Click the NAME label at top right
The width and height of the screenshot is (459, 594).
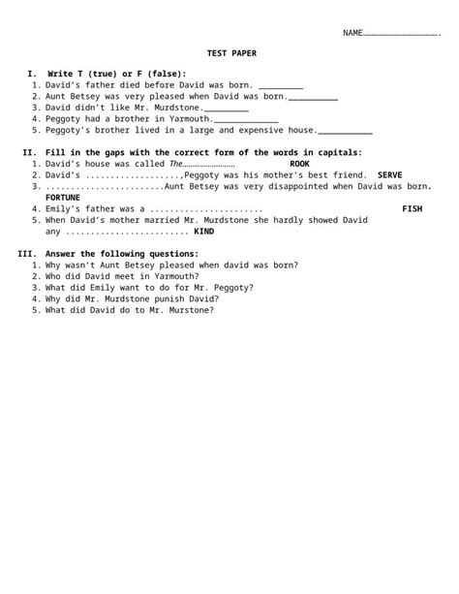click(x=352, y=33)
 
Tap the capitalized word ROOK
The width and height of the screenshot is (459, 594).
click(x=300, y=164)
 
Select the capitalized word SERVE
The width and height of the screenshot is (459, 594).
click(x=390, y=174)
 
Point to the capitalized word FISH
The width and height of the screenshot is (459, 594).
click(x=412, y=208)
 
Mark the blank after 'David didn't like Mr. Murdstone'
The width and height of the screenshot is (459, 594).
click(x=226, y=108)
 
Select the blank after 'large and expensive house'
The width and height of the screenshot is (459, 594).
click(x=345, y=130)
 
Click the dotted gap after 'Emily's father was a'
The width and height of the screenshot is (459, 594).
click(x=206, y=208)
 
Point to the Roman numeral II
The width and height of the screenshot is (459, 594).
click(x=27, y=152)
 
